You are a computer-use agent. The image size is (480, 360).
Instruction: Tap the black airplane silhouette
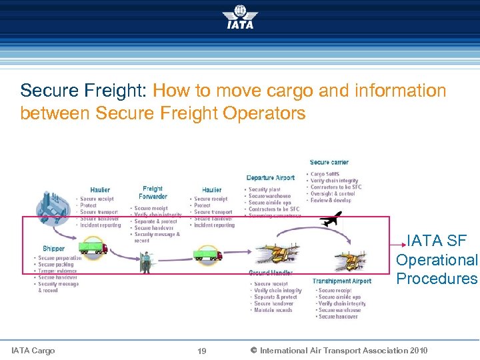[330, 219]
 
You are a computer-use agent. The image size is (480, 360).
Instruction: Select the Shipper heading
[54, 249]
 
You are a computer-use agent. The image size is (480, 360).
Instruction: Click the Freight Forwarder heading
[153, 193]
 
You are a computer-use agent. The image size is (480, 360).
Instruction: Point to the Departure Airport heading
[270, 178]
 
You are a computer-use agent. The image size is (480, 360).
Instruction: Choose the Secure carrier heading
[329, 163]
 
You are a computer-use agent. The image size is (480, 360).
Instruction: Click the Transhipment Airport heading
[341, 281]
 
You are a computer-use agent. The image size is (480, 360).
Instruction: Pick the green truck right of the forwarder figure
[208, 254]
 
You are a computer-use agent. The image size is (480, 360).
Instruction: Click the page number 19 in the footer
[203, 351]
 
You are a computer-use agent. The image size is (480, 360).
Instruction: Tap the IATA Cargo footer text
[33, 351]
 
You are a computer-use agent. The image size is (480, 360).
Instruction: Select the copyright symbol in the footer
[253, 351]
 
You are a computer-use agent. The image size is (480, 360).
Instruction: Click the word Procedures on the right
[437, 279]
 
